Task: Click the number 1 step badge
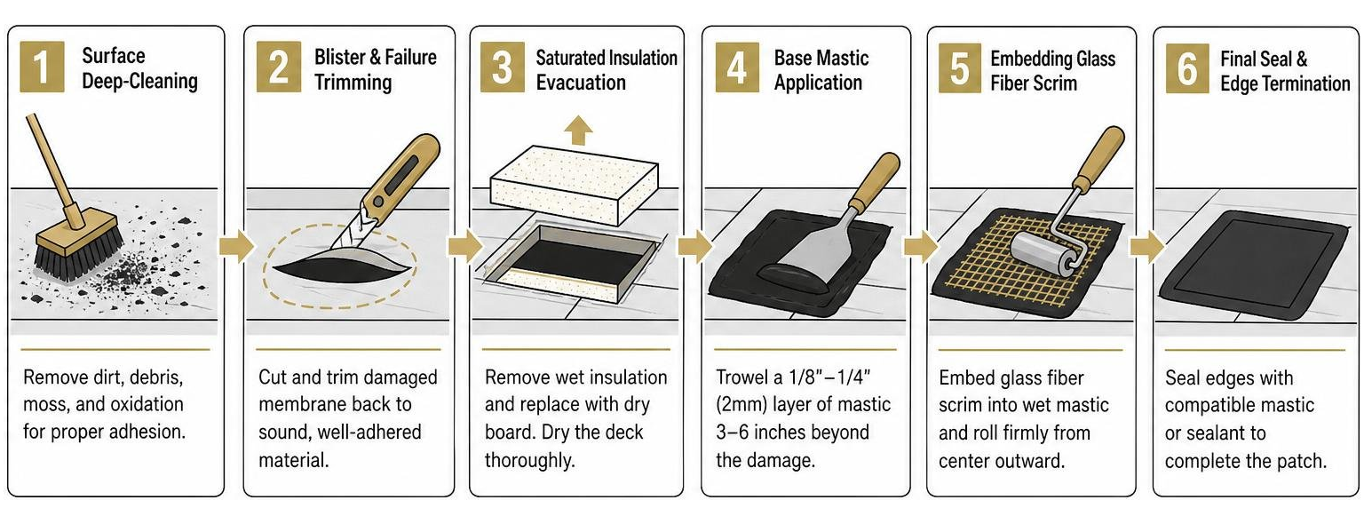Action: pos(42,67)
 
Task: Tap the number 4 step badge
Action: pos(737,67)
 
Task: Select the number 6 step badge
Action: pos(1187,67)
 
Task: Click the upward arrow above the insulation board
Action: pos(578,130)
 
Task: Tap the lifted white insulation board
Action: pos(575,184)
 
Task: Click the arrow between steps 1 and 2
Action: pos(236,247)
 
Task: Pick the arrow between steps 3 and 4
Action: pos(694,247)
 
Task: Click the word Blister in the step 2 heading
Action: pos(340,57)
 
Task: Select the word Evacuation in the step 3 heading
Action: pos(581,83)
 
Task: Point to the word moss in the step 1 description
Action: pos(46,405)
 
